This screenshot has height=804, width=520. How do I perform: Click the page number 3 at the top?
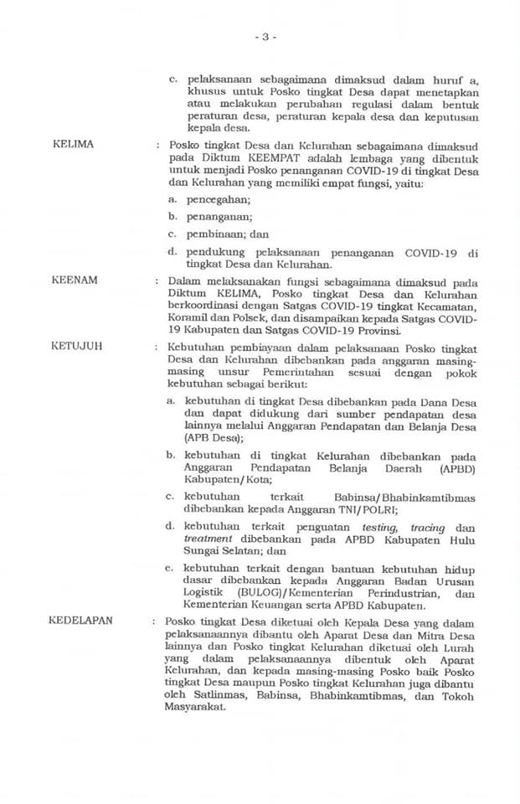point(265,37)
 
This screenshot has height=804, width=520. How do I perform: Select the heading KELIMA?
point(73,145)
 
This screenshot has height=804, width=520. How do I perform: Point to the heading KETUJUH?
point(77,345)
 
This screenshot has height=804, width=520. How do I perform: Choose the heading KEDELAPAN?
point(81,621)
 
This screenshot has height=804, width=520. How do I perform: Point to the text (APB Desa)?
point(214,437)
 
